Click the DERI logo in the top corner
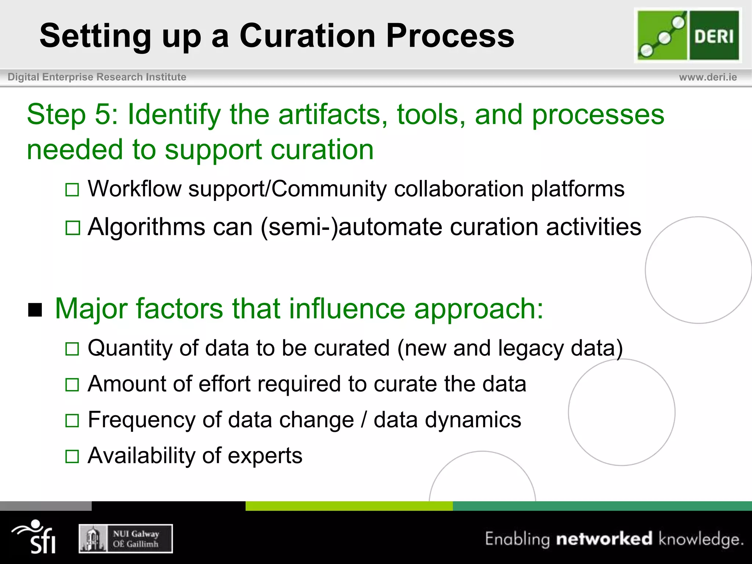pos(688,35)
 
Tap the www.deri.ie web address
pos(708,77)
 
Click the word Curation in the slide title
pos(307,36)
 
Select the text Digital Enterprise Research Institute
pos(97,77)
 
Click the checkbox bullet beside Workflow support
pos(72,190)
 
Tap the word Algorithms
pos(147,227)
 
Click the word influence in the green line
pos(347,309)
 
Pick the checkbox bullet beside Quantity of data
pos(72,349)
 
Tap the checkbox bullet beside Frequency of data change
pos(72,420)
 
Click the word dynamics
pos(473,420)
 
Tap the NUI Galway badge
pos(126,539)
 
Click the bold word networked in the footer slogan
pos(604,539)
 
